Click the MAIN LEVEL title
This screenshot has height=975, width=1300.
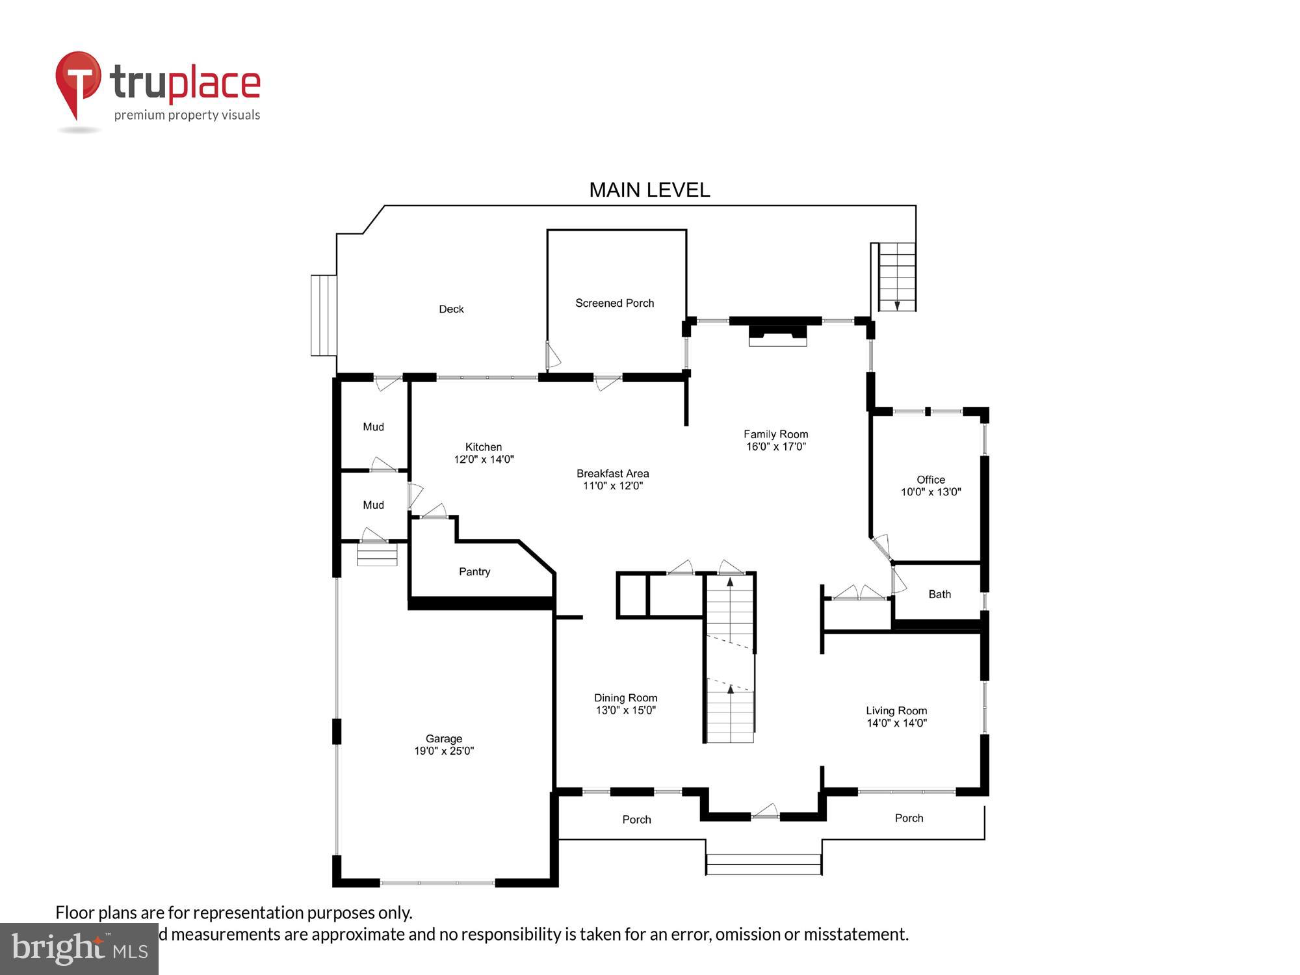coord(649,190)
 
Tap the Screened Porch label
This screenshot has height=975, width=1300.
coord(614,303)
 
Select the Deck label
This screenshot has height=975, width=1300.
coord(451,309)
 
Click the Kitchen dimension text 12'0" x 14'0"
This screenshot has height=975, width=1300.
coord(484,460)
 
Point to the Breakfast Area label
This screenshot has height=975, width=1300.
coord(612,473)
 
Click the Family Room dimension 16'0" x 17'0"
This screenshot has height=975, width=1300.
coord(775,447)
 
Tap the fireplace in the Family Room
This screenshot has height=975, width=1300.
coord(777,334)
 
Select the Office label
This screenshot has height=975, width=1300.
coord(930,480)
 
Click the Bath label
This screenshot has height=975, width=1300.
coord(939,594)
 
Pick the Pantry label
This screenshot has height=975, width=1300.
coord(474,572)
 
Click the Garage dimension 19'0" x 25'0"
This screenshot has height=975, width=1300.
coord(444,751)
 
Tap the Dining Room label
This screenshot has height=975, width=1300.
coord(625,698)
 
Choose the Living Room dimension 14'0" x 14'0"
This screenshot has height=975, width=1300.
coord(896,723)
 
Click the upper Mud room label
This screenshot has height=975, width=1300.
coord(373,427)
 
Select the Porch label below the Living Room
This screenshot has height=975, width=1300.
coord(909,818)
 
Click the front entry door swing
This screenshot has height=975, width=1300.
coord(766,811)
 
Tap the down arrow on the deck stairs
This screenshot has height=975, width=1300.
coord(897,305)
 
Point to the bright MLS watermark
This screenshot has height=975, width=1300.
coord(79,949)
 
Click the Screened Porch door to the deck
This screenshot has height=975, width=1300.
coord(552,356)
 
